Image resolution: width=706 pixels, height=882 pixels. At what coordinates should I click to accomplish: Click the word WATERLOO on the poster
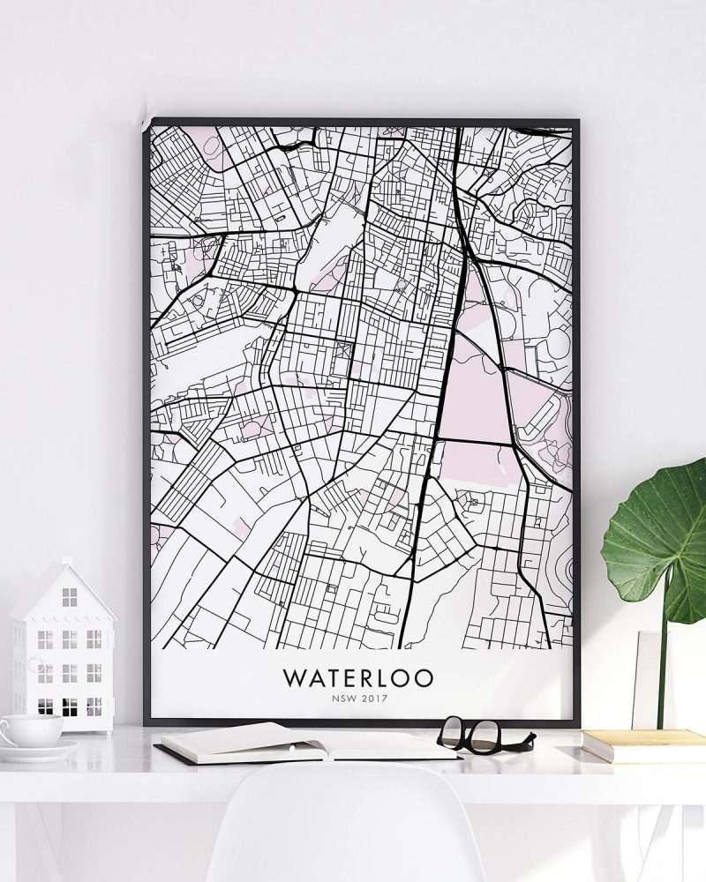[x=358, y=677]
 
